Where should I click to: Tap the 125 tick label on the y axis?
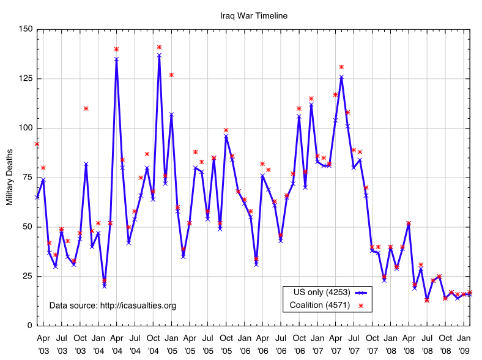(x=24, y=79)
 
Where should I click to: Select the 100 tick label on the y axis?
(x=24, y=128)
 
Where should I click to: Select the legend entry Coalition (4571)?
(x=321, y=304)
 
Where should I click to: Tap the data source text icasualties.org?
(x=113, y=305)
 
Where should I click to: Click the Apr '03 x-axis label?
(x=43, y=342)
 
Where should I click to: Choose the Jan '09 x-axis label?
(x=464, y=342)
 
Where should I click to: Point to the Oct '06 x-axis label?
(x=299, y=342)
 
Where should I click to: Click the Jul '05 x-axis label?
(x=208, y=342)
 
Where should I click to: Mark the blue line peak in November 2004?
(x=159, y=55)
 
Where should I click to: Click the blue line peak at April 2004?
(x=116, y=59)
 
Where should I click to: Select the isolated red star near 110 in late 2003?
(x=86, y=108)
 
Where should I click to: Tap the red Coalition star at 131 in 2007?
(x=341, y=67)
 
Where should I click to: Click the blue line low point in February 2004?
(x=104, y=285)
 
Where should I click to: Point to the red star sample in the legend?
(x=361, y=305)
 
